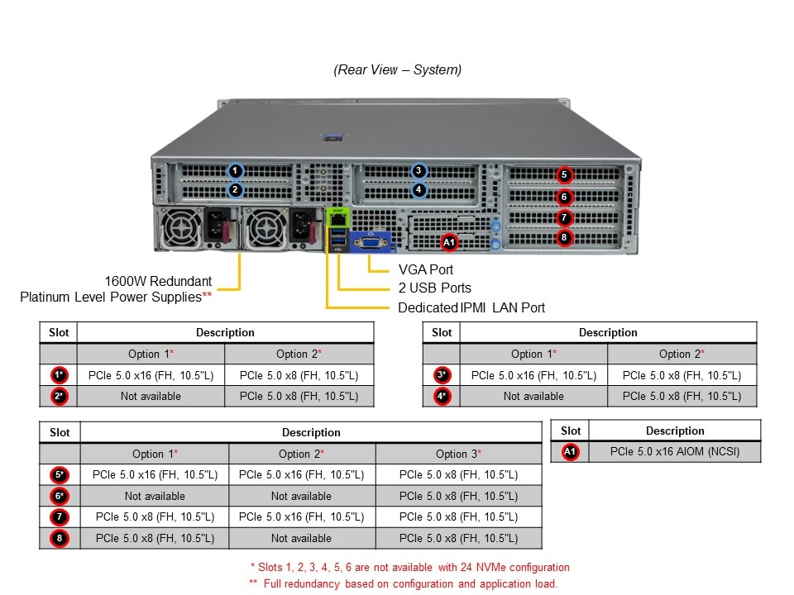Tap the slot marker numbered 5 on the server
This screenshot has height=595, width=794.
563,174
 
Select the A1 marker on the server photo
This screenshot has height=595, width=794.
449,242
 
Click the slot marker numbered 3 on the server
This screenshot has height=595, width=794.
419,171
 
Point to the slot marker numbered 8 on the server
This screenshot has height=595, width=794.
563,238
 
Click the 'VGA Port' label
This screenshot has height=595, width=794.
426,269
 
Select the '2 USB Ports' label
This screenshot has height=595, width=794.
435,288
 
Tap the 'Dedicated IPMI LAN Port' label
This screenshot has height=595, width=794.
471,307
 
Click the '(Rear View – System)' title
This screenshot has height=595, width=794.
398,70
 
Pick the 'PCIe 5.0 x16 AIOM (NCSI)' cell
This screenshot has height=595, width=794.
675,452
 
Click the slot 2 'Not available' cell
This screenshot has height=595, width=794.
151,397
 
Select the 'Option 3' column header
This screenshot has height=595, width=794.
458,454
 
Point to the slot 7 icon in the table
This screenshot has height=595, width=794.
60,517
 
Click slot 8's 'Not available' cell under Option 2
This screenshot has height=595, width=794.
301,539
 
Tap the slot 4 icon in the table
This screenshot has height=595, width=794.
442,397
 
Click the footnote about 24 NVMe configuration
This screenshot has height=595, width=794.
409,568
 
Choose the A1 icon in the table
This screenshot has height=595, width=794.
570,452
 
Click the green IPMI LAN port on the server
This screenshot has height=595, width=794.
338,217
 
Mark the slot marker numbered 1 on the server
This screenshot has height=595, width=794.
236,171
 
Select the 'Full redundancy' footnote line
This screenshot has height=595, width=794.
403,583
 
